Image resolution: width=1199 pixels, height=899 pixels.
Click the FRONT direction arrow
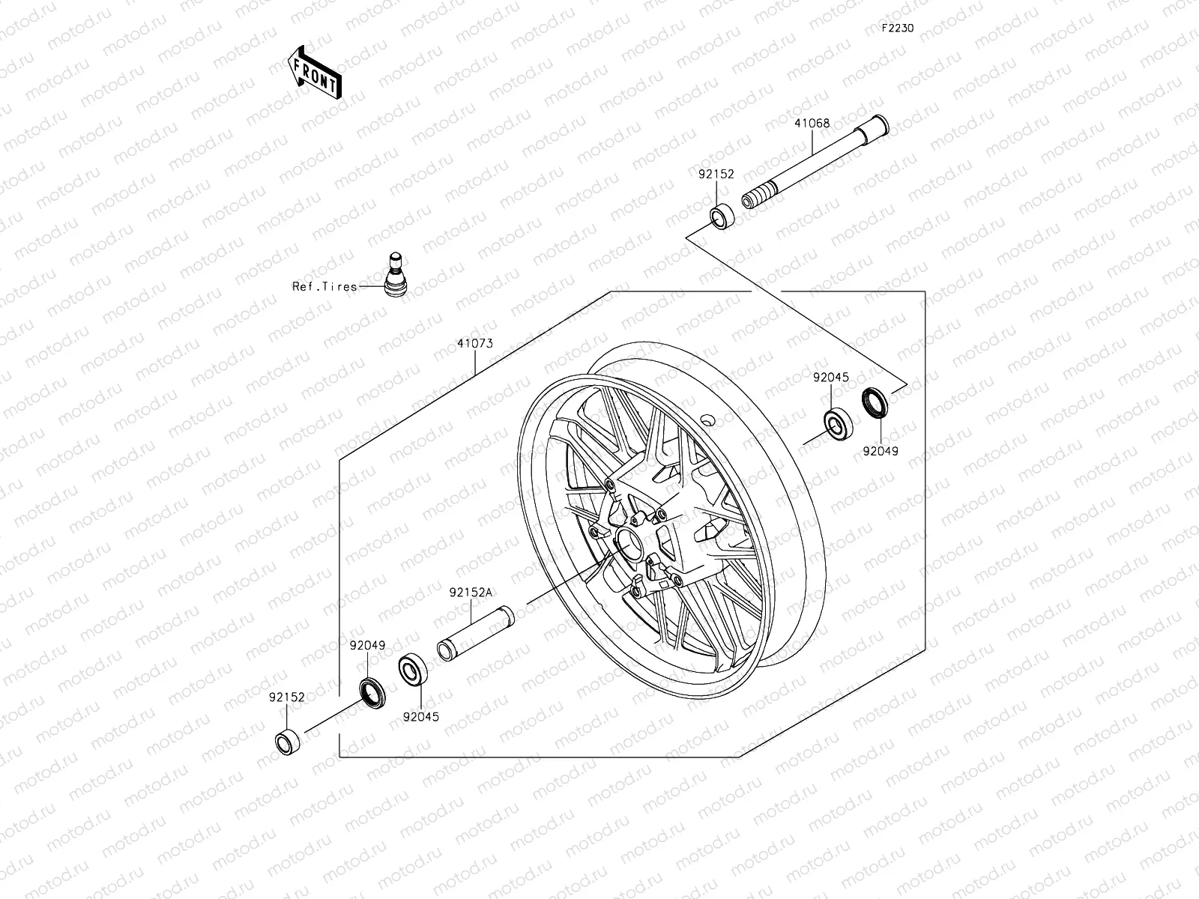pyautogui.click(x=314, y=72)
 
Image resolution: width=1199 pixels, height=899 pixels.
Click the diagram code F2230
pyautogui.click(x=897, y=28)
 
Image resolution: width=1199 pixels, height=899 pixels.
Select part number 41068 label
pyautogui.click(x=813, y=124)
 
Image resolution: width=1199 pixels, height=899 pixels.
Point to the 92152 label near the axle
pyautogui.click(x=716, y=174)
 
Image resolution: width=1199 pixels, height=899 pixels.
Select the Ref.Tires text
pyautogui.click(x=324, y=287)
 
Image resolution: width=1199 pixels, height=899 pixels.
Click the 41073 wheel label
pyautogui.click(x=475, y=345)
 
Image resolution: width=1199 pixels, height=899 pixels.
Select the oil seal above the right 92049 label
pyautogui.click(x=875, y=402)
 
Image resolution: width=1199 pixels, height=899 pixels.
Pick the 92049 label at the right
pyautogui.click(x=880, y=451)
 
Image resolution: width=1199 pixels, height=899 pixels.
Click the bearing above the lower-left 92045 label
pyautogui.click(x=412, y=669)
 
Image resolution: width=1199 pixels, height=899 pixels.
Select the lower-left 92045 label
pyautogui.click(x=420, y=716)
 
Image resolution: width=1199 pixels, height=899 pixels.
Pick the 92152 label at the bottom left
pyautogui.click(x=288, y=696)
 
